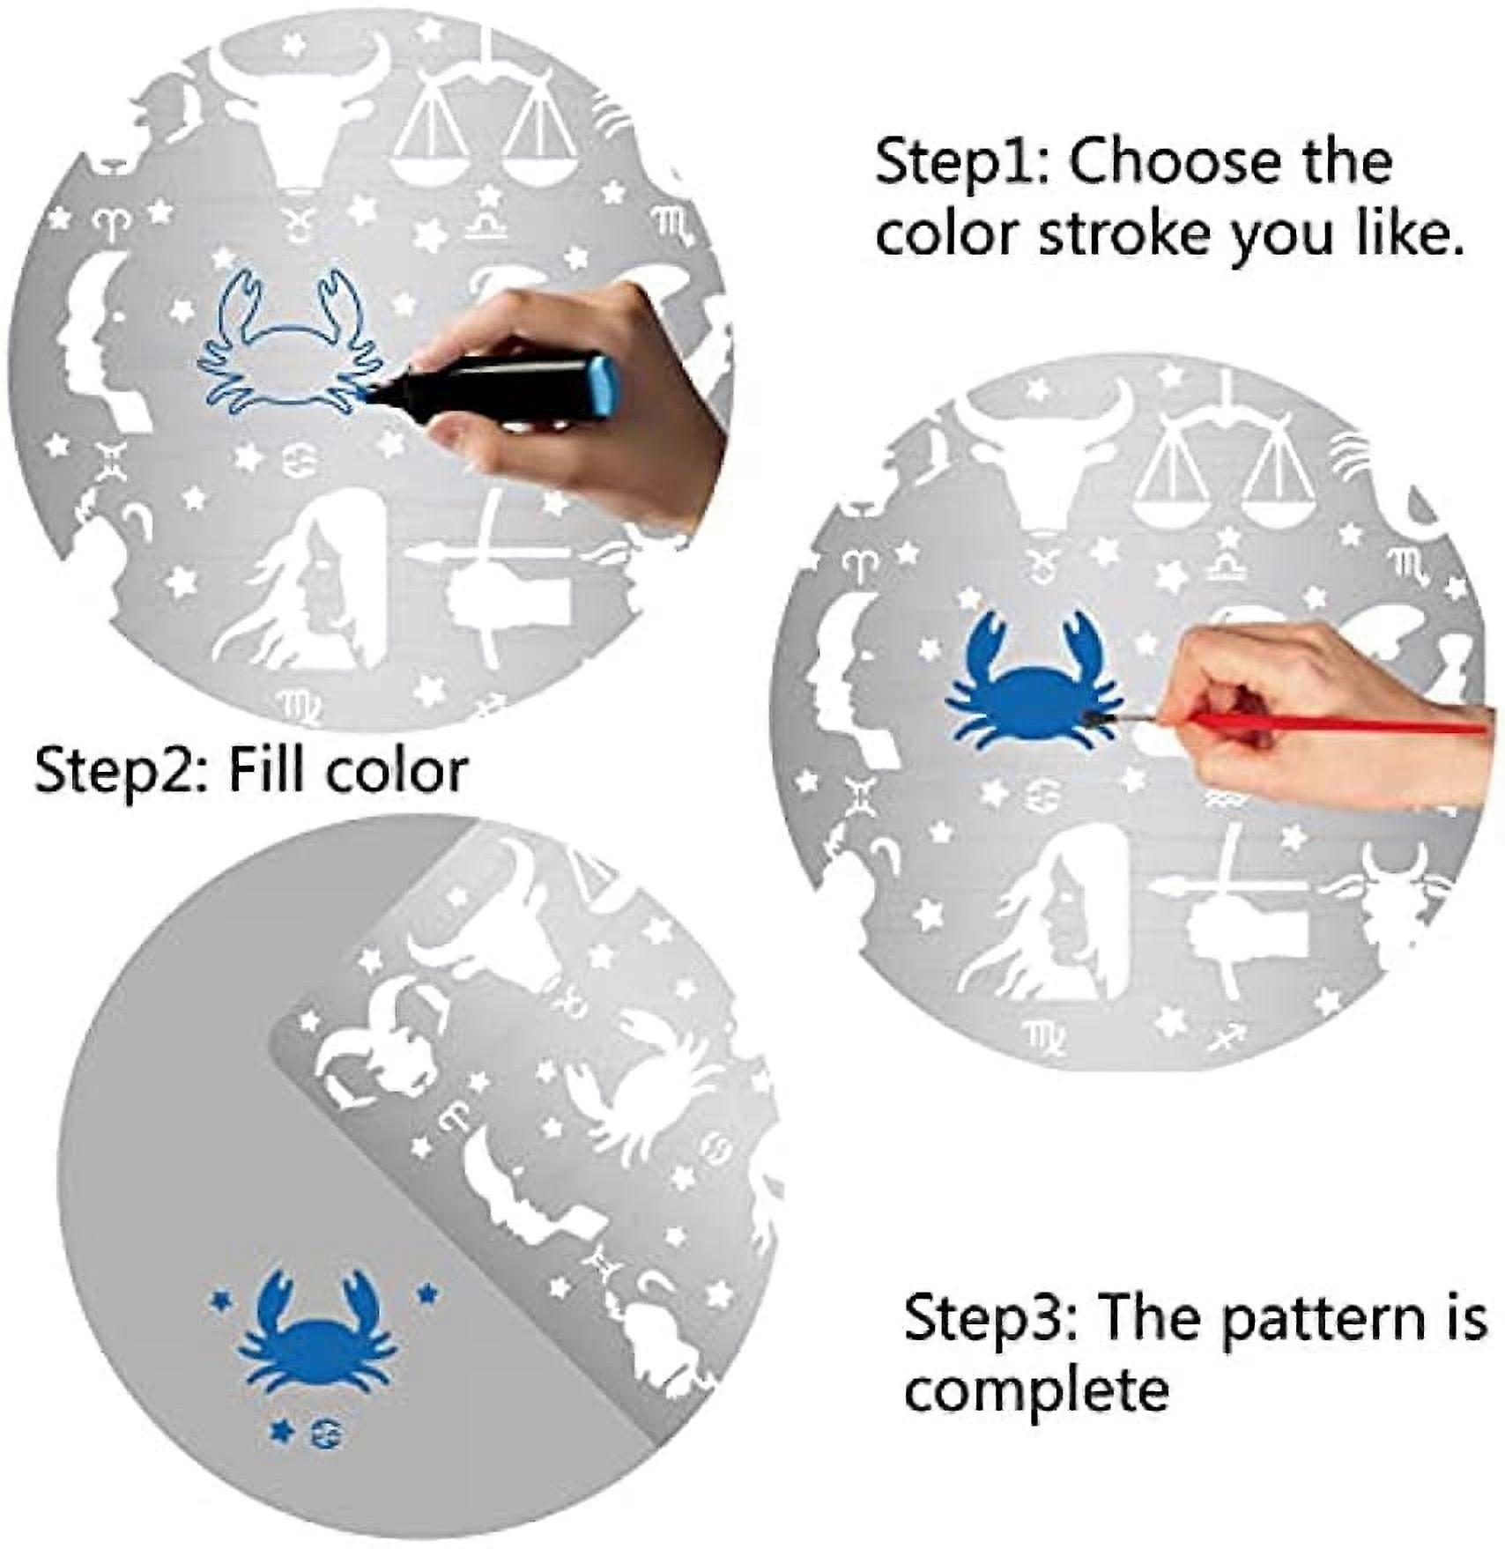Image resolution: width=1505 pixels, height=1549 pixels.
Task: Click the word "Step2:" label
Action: [121, 771]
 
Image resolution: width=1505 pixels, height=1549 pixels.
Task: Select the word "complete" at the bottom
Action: [1036, 1390]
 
